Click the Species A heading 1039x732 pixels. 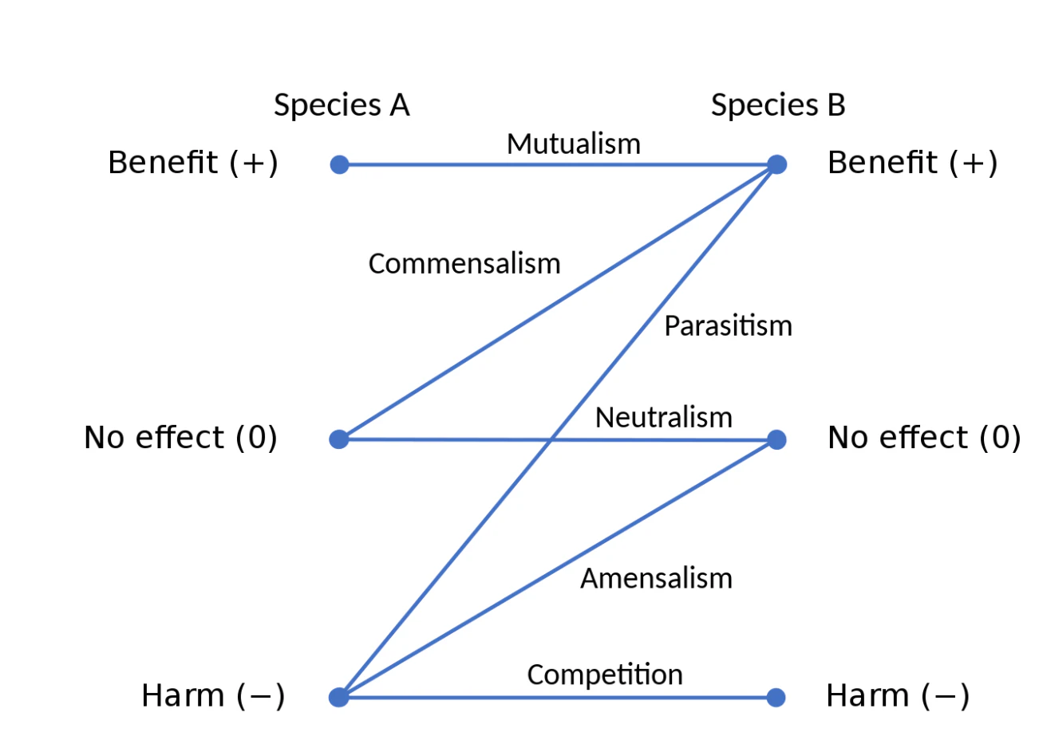tap(342, 105)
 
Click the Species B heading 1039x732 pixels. tap(778, 105)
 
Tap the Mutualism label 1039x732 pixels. tap(574, 144)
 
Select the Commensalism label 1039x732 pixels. tap(464, 264)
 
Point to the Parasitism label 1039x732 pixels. tap(729, 325)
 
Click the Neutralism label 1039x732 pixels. tap(664, 417)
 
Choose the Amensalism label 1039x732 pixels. tap(656, 578)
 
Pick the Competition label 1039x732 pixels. tap(605, 675)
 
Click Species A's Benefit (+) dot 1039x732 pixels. tap(339, 164)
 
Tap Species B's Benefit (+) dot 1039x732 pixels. tap(777, 164)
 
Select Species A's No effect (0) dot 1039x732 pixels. tap(339, 439)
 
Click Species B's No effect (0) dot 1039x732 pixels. tap(777, 439)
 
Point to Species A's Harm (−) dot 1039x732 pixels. tap(338, 697)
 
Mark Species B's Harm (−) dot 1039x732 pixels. tap(776, 697)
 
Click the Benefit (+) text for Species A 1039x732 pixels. tap(193, 163)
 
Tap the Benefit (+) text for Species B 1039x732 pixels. tap(912, 163)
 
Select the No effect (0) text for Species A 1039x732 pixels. tap(181, 438)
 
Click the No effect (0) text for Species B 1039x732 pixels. tap(924, 438)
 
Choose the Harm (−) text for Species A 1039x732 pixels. tap(213, 696)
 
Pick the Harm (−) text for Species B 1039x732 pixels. tap(898, 696)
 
